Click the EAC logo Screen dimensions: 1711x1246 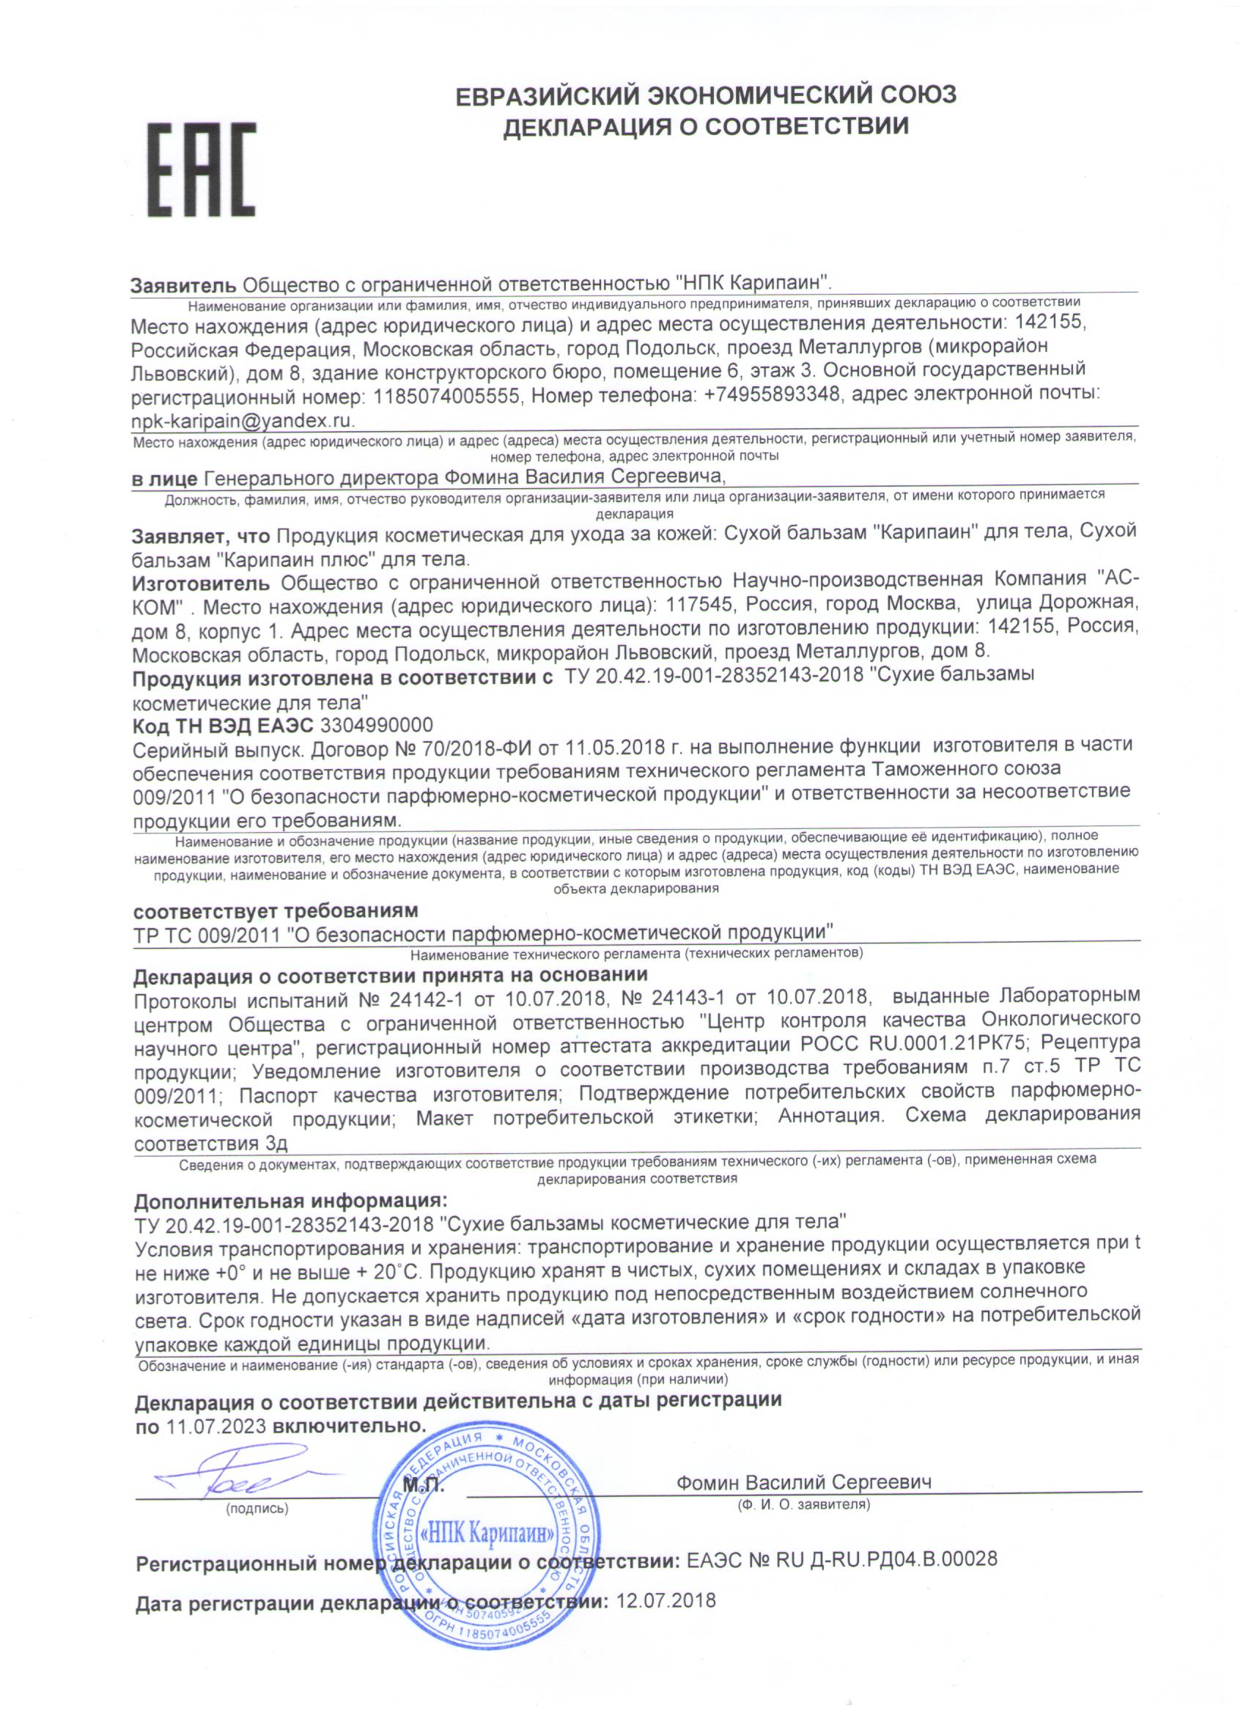click(x=201, y=171)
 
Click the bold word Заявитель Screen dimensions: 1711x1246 click(x=184, y=286)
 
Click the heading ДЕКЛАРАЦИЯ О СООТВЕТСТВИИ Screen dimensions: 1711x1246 click(x=706, y=126)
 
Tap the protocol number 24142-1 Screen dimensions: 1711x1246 click(x=426, y=998)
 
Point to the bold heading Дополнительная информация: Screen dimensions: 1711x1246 click(x=290, y=1201)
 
